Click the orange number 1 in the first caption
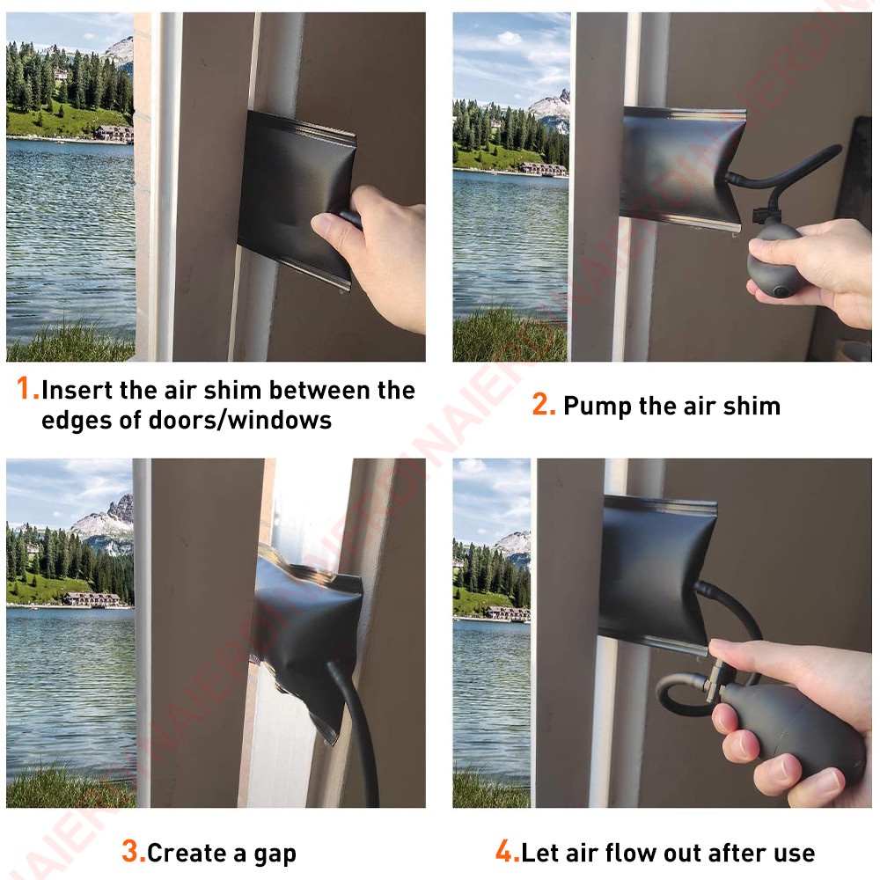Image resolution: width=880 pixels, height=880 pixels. click(x=24, y=388)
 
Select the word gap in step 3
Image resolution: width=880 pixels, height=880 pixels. click(x=275, y=854)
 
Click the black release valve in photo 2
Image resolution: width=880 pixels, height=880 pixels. click(x=760, y=215)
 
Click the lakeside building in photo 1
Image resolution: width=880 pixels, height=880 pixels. click(x=115, y=133)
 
